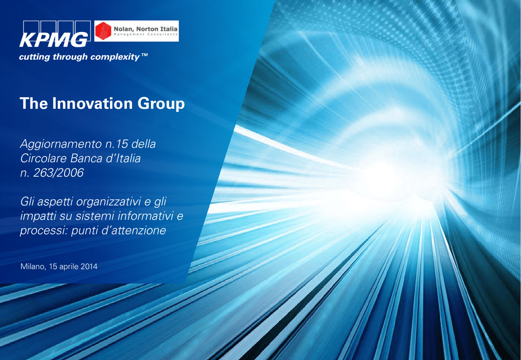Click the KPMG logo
(x=55, y=34)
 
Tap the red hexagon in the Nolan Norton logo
(x=103, y=31)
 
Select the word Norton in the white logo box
(x=147, y=29)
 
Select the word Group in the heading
(x=161, y=104)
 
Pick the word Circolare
(x=44, y=158)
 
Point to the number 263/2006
(x=58, y=173)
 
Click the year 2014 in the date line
(x=89, y=266)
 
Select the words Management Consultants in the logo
(x=146, y=35)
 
